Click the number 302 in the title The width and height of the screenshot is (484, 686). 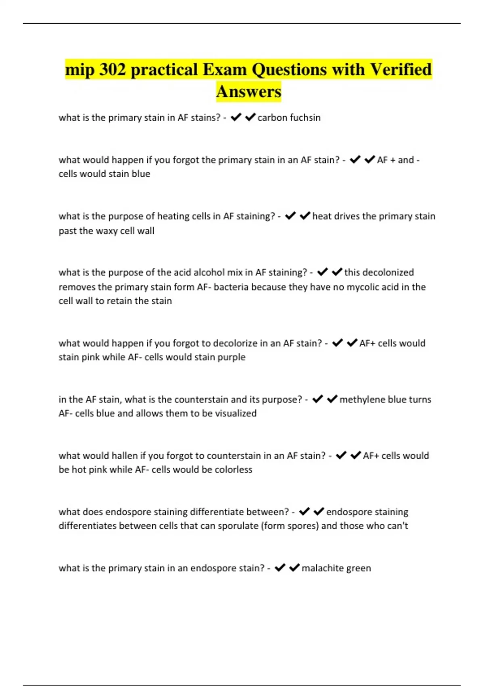pyautogui.click(x=113, y=69)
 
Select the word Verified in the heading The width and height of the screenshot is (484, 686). pyautogui.click(x=401, y=69)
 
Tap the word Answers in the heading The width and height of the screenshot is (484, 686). pyautogui.click(x=248, y=91)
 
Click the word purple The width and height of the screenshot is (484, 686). pyautogui.click(x=231, y=357)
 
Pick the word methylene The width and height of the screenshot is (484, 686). pyautogui.click(x=362, y=399)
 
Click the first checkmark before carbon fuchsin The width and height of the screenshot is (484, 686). pyautogui.click(x=236, y=117)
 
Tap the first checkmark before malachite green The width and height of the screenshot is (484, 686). pyautogui.click(x=280, y=568)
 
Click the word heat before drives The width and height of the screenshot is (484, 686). pyautogui.click(x=321, y=216)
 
